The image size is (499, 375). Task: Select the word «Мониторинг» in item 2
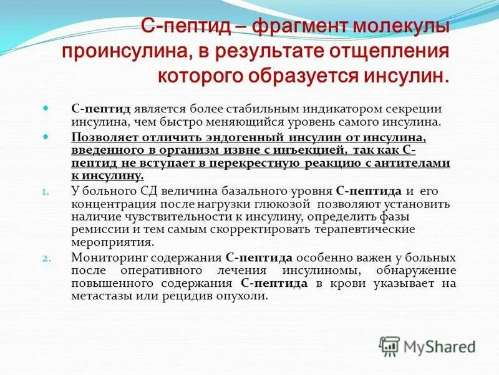104,257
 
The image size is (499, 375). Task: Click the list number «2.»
44,258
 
